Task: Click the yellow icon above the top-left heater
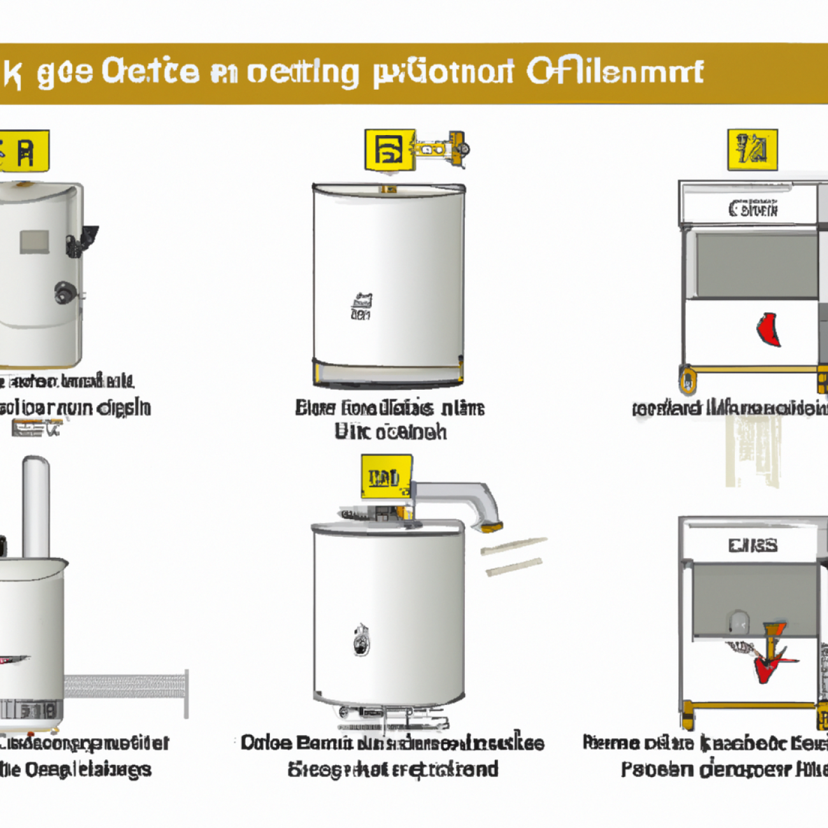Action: pos(24,152)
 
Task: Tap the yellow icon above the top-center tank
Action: pos(389,150)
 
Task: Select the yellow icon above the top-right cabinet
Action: pos(752,150)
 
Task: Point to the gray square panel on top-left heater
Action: pos(34,242)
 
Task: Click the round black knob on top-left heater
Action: pos(65,292)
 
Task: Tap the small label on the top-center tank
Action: pos(361,306)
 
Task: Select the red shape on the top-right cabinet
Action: pos(769,329)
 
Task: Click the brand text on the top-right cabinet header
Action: pos(753,208)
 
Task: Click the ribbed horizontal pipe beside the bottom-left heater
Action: pos(126,687)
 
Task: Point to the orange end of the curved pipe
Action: pos(491,527)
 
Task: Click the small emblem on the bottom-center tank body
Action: pos(361,640)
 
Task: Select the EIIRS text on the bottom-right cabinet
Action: pos(753,546)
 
